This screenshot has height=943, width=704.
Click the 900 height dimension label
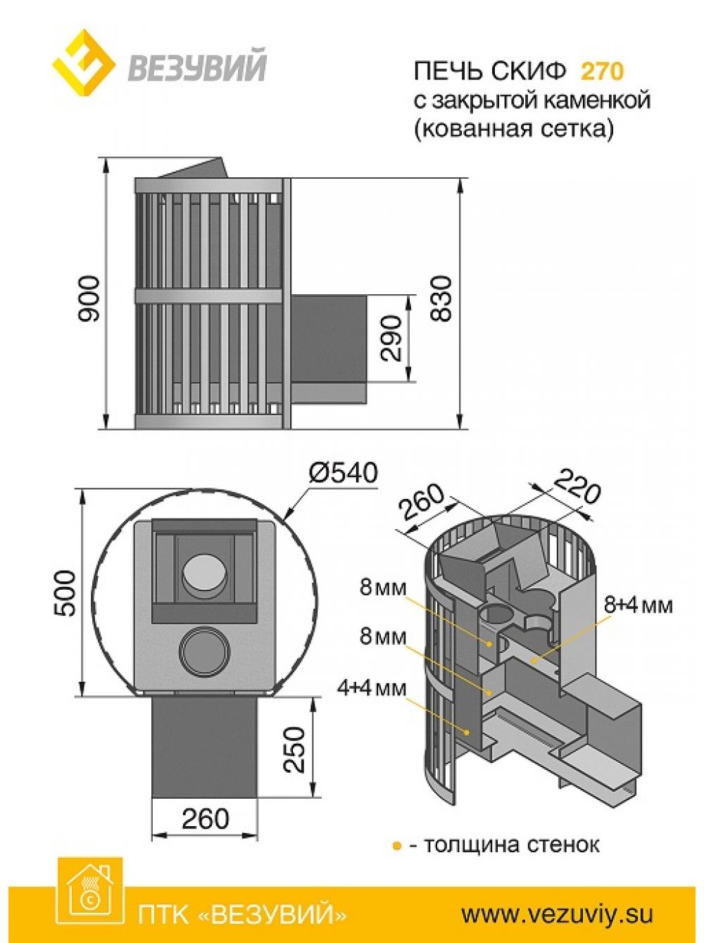pos(90,299)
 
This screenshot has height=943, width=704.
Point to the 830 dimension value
pos(441,299)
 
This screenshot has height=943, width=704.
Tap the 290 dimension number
pos(391,338)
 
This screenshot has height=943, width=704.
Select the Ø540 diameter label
pos(344,473)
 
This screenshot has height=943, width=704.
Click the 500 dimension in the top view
pos(65,593)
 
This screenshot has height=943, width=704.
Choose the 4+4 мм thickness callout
pos(372,688)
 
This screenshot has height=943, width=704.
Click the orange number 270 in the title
pos(602,71)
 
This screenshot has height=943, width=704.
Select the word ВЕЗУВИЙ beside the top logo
pos(197,68)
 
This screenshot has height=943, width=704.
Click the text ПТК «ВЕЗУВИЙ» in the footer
pos(242,914)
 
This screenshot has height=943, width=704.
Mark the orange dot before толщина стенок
pos(396,844)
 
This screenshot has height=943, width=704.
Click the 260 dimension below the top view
pos(205,818)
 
